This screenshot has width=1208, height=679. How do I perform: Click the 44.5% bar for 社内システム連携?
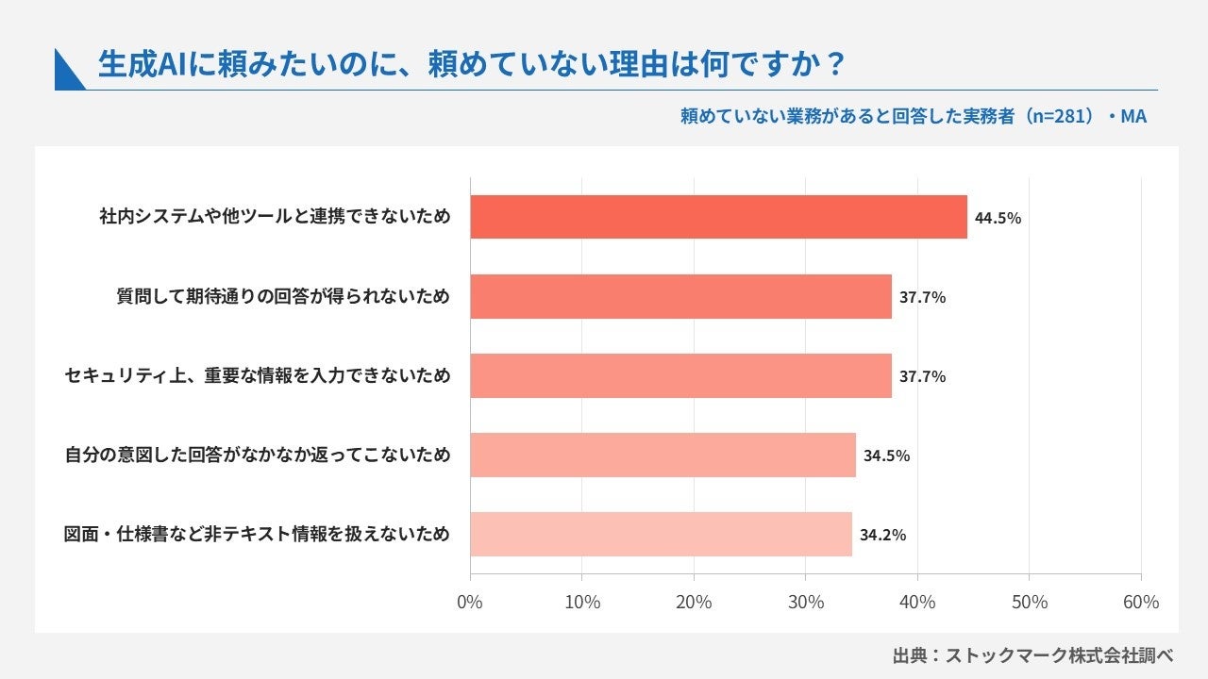click(x=718, y=217)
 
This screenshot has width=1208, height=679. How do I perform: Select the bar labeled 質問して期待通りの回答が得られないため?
click(x=680, y=296)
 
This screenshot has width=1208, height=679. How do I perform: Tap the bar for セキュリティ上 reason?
click(x=680, y=375)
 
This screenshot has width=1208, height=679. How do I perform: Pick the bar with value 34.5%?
click(x=663, y=455)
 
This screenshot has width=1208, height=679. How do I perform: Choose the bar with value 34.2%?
click(x=662, y=534)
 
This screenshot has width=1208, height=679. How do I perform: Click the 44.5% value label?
click(x=998, y=218)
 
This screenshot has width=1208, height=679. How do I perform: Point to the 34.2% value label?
click(x=882, y=535)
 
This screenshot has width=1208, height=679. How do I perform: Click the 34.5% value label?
click(x=886, y=455)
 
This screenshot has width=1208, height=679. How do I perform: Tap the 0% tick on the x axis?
click(x=470, y=602)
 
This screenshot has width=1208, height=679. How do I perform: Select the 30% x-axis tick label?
click(x=806, y=602)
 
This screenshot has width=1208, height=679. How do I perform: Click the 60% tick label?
click(x=1141, y=602)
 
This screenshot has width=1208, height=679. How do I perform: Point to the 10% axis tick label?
click(x=582, y=602)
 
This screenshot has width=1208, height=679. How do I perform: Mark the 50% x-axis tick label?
click(x=1030, y=602)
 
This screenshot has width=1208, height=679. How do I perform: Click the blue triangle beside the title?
click(x=66, y=75)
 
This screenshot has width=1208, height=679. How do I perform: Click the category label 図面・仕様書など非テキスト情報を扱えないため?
click(x=257, y=534)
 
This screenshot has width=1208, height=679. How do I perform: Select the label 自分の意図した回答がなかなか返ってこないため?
click(x=258, y=455)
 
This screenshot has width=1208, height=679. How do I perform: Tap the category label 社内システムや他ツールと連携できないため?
click(x=275, y=217)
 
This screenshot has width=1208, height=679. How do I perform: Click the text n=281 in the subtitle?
click(x=1056, y=116)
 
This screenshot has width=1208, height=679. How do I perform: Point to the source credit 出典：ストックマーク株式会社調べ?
click(x=1032, y=655)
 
